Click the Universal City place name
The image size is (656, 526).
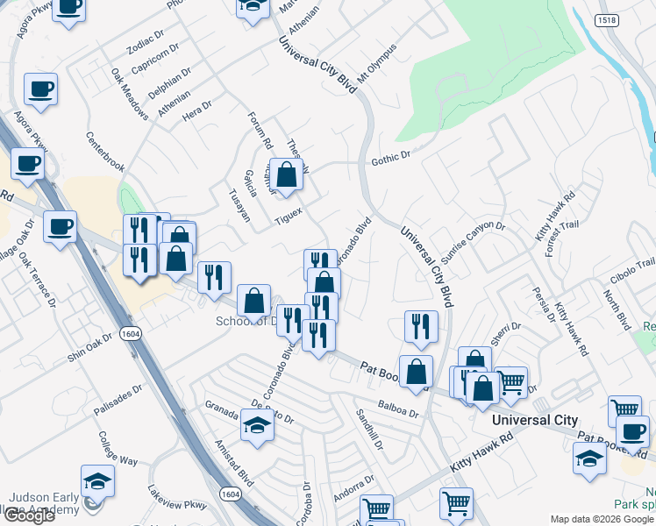535,420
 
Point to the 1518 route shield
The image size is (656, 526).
606,19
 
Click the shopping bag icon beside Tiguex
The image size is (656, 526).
286,174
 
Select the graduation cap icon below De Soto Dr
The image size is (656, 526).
257,424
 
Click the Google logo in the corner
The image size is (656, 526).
28,515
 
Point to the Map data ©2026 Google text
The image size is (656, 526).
602,519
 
